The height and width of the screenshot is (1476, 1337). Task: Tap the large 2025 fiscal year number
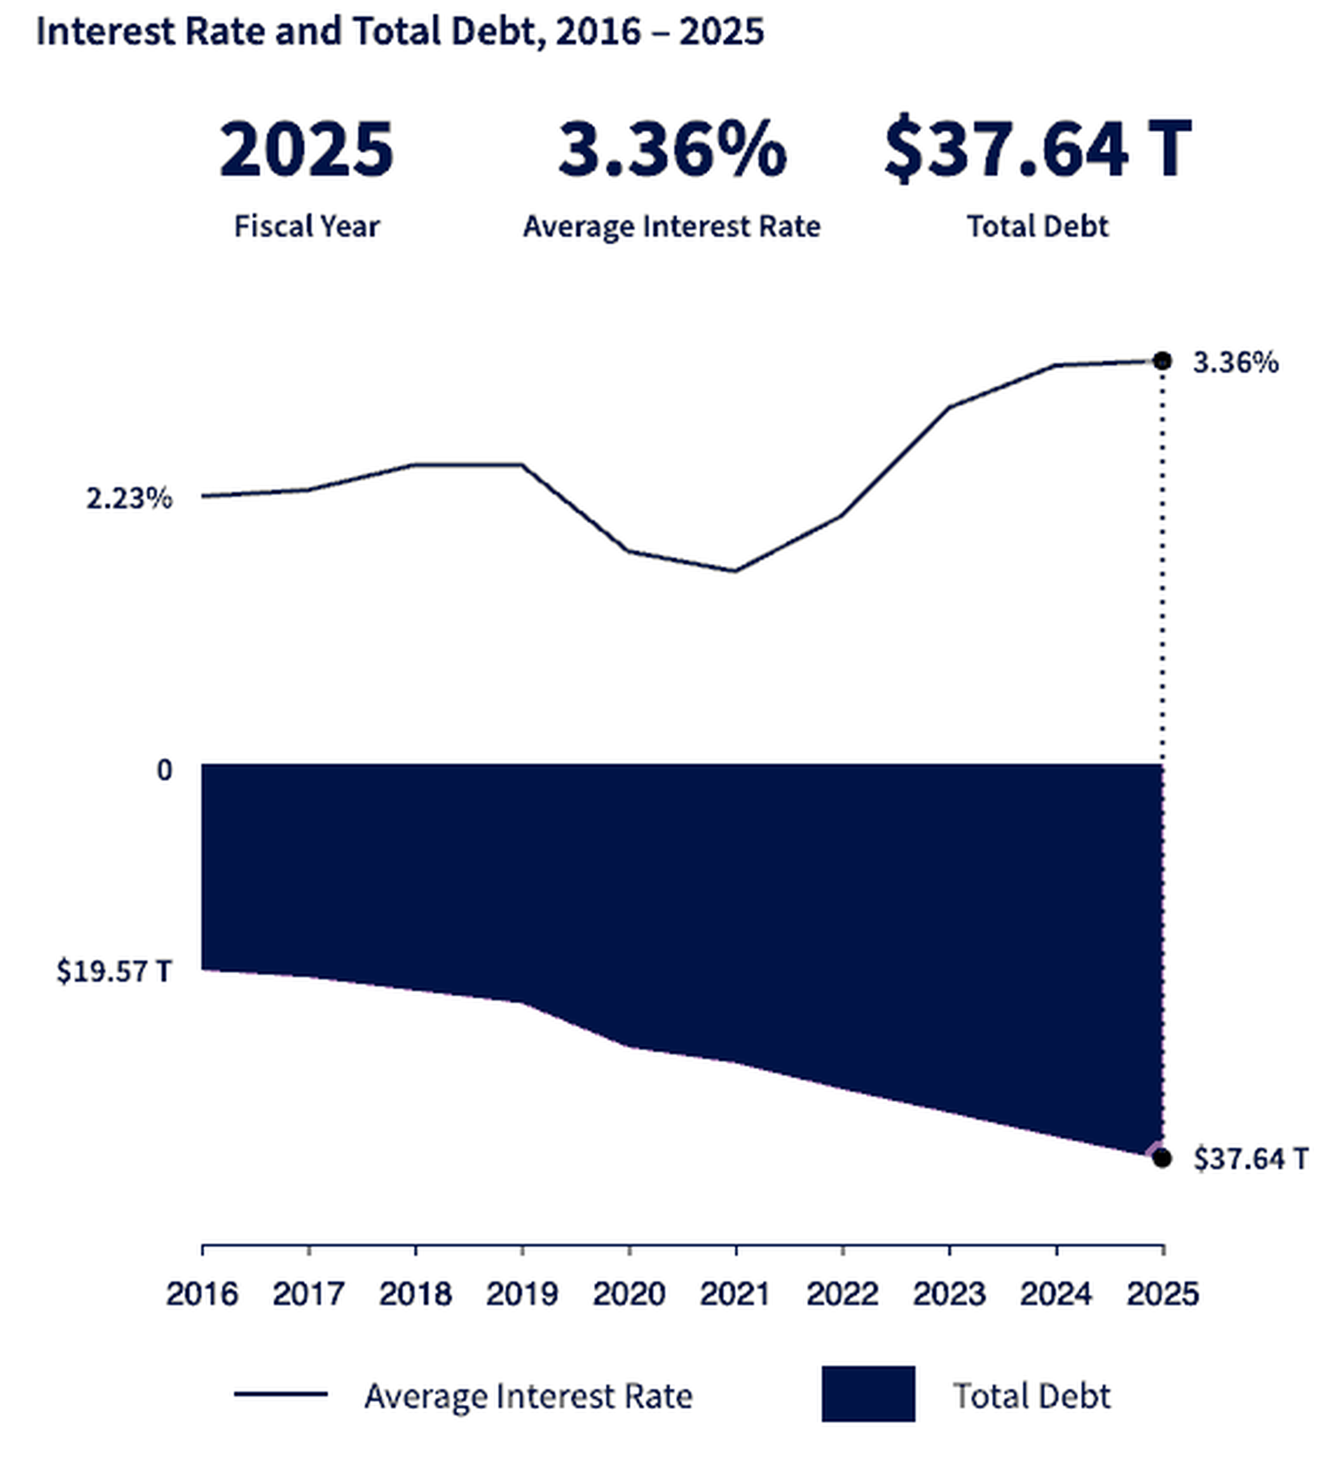coord(306,150)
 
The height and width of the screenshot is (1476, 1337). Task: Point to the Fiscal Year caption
coord(306,226)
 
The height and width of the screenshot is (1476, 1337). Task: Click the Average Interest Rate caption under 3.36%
coord(671,226)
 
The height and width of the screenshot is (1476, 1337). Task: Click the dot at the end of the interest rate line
coord(1161,361)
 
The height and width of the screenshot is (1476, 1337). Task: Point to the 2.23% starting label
coord(129,498)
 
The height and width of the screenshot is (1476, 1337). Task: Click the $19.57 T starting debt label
coord(114,972)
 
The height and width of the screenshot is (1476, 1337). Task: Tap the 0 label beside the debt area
coord(164,770)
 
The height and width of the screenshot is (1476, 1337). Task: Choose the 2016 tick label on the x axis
coord(202,1294)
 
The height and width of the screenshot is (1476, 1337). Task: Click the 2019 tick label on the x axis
coord(522,1294)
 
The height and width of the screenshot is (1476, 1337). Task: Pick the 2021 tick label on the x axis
coord(735,1294)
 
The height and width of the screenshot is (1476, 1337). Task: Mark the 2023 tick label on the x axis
coord(948,1294)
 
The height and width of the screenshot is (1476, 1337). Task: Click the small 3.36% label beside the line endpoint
coord(1235,363)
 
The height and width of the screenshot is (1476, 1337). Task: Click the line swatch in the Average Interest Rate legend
coord(280,1393)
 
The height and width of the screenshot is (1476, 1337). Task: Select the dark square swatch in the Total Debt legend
coord(868,1393)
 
